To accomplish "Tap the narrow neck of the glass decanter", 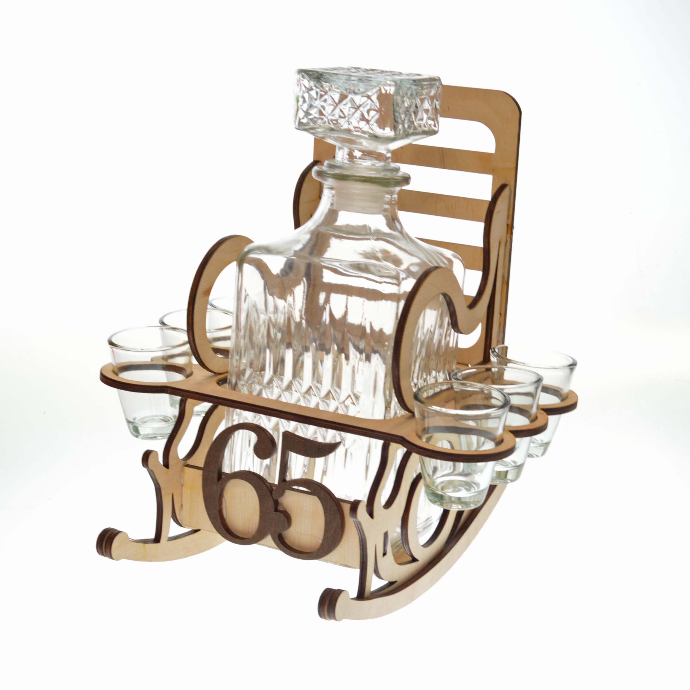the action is coord(361,189).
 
